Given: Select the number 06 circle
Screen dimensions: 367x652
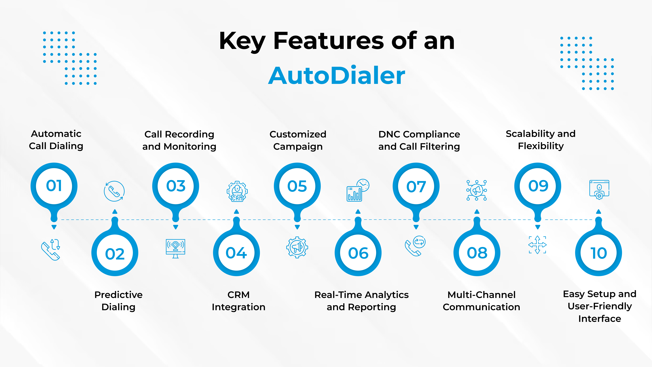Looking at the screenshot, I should pyautogui.click(x=358, y=253).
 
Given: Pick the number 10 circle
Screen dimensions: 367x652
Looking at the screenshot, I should pyautogui.click(x=599, y=253).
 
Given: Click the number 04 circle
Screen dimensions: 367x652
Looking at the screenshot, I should pyautogui.click(x=236, y=253).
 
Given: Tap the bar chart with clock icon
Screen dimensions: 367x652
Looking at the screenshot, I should pyautogui.click(x=358, y=190).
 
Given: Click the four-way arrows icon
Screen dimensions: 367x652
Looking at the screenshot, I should pyautogui.click(x=537, y=245).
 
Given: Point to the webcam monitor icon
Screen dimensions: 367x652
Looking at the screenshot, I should pyautogui.click(x=175, y=248).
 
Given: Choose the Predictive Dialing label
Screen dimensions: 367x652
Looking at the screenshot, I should pyautogui.click(x=118, y=301).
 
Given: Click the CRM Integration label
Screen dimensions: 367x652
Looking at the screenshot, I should pyautogui.click(x=238, y=301).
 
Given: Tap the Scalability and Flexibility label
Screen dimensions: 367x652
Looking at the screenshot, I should pyautogui.click(x=541, y=140).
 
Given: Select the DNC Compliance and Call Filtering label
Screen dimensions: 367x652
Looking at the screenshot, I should pyautogui.click(x=419, y=140).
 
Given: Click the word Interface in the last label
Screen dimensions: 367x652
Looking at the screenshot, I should pyautogui.click(x=600, y=319).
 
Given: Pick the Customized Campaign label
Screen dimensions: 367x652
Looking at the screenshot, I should pyautogui.click(x=298, y=140).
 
